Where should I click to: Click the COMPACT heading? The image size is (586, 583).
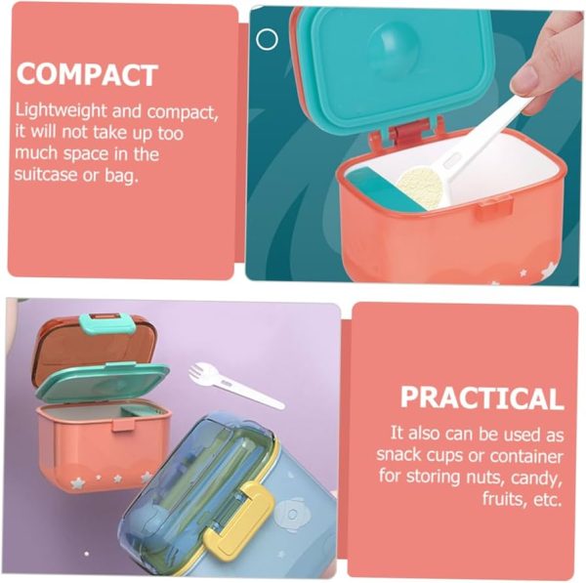click(87, 74)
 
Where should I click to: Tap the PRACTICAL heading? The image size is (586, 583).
click(481, 397)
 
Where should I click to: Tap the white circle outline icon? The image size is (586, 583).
click(267, 39)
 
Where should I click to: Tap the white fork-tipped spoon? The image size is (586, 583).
click(235, 385)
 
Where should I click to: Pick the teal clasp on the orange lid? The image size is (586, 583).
click(107, 323)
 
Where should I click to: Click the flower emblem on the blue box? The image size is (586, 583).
click(292, 515)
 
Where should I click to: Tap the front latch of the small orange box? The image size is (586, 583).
click(123, 424)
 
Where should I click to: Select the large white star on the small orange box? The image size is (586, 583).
click(78, 483)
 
